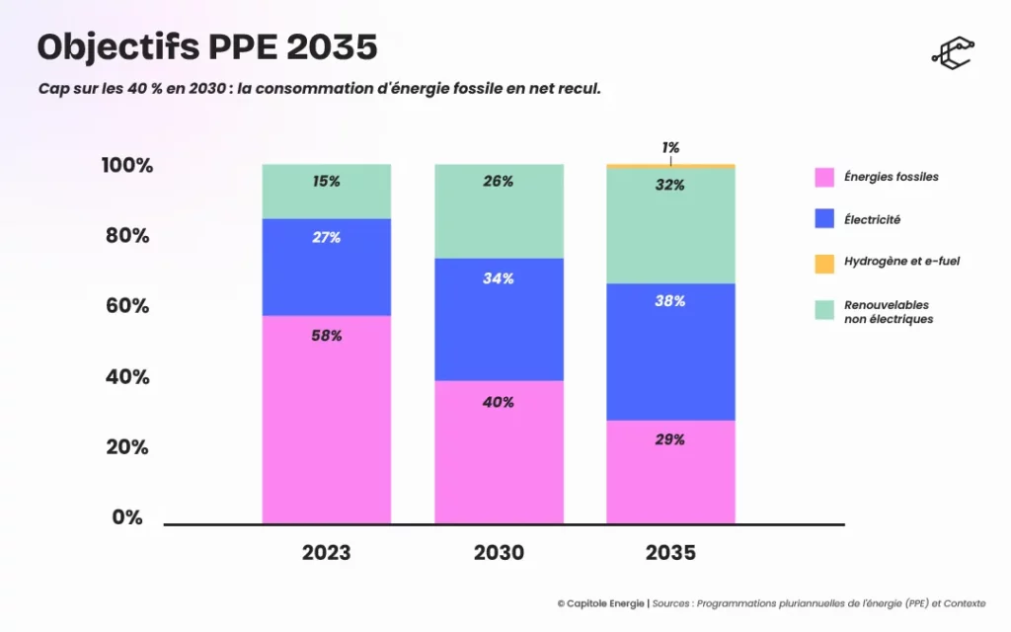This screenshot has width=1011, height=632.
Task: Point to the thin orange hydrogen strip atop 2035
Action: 670,166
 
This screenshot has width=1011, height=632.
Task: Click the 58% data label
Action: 326,336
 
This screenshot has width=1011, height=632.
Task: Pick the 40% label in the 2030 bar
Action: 499,402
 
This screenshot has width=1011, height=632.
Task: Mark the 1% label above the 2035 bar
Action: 670,147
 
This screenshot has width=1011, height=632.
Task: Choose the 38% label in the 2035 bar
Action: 670,301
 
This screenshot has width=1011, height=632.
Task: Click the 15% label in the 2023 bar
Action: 326,182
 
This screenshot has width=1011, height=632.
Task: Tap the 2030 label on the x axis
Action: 499,553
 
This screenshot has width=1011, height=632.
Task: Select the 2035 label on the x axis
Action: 670,553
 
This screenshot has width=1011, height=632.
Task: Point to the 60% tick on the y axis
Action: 126,306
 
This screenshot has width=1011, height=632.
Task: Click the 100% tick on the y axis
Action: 126,165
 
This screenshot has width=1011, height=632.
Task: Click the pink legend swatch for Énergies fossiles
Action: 824,177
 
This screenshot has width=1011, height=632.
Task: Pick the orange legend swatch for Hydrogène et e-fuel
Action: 824,263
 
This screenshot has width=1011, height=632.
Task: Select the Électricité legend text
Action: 872,219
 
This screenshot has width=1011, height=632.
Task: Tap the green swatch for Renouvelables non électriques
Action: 824,310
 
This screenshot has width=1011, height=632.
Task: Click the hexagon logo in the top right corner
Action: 952,54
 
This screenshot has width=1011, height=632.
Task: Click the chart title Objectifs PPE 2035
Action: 207,46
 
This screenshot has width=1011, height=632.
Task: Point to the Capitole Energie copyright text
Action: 601,603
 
